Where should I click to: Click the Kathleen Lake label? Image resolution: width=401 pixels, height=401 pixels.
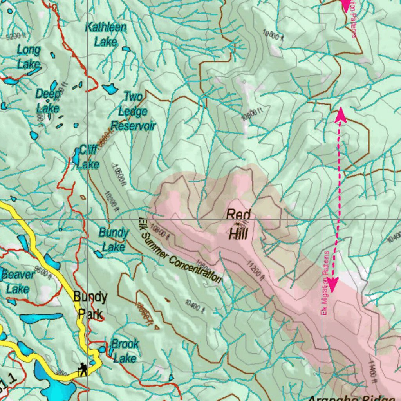pos(106,34)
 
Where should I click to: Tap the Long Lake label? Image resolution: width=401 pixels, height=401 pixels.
pos(28,57)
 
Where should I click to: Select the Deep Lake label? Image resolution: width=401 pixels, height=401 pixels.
pos(47,100)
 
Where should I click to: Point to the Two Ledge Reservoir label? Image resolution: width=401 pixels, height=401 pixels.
pos(133,111)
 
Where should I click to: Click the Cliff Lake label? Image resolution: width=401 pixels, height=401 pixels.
pos(88,157)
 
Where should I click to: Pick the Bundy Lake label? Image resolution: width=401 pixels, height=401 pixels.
pos(113,239)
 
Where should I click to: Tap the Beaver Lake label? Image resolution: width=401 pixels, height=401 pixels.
pos(18,282)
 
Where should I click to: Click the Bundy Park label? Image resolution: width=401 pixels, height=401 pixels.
pos(90,305)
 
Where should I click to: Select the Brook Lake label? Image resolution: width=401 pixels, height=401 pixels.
pos(125,351)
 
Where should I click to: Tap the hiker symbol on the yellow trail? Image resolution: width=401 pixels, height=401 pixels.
pos(83,369)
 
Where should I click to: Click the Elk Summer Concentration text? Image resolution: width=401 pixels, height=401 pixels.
pos(180,251)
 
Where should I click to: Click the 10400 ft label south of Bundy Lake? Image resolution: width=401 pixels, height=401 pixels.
pos(195,306)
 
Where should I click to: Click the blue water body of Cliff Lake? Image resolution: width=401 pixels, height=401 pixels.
pos(76,157)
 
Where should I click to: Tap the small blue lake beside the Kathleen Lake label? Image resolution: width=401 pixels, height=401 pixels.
pos(126,49)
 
